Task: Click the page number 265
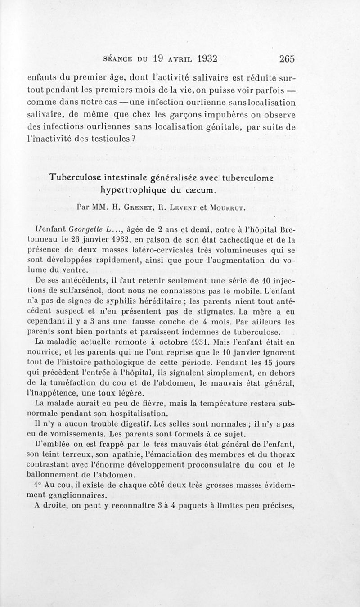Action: click(286, 58)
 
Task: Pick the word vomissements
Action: click(69, 434)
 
